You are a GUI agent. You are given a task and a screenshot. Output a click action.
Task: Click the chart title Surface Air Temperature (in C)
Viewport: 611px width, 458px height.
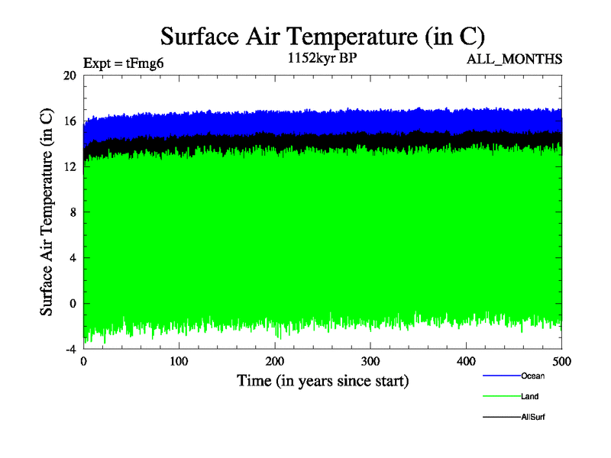point(322,37)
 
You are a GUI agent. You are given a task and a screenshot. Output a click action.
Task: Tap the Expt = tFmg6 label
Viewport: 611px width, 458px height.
point(124,63)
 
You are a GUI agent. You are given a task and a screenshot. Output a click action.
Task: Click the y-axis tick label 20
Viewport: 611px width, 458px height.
point(70,76)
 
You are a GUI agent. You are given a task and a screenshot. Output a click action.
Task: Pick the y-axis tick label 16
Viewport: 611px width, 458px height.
point(70,121)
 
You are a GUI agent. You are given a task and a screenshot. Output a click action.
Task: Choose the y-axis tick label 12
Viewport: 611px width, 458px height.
point(70,167)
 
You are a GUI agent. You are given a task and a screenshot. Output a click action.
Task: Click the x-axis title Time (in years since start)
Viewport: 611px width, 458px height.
point(322,380)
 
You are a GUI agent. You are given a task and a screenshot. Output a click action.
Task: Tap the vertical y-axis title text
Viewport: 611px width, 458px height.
point(47,212)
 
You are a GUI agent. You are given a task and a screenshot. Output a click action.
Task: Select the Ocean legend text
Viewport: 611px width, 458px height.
point(533,376)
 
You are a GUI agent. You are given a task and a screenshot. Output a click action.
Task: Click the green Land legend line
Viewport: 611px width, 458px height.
point(501,397)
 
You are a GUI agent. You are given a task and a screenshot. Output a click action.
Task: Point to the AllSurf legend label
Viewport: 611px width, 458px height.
point(533,418)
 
